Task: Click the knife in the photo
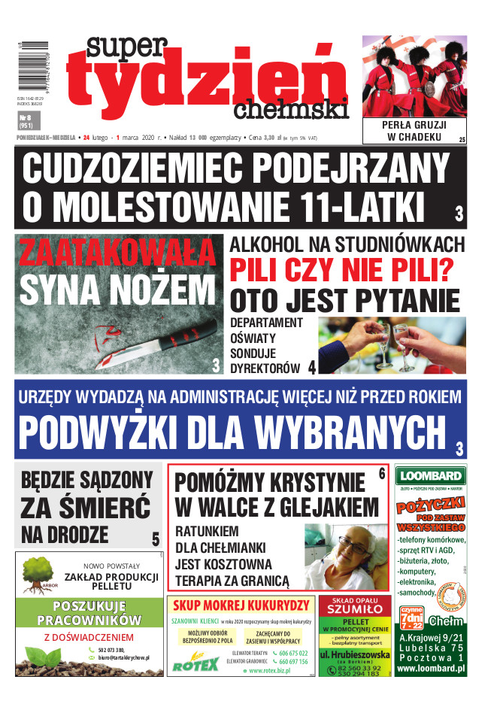pyautogui.click(x=158, y=338)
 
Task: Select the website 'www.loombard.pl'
pyautogui.click(x=431, y=666)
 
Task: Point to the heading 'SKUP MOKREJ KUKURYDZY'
pyautogui.click(x=241, y=605)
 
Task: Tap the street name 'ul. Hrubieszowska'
pyautogui.click(x=354, y=655)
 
